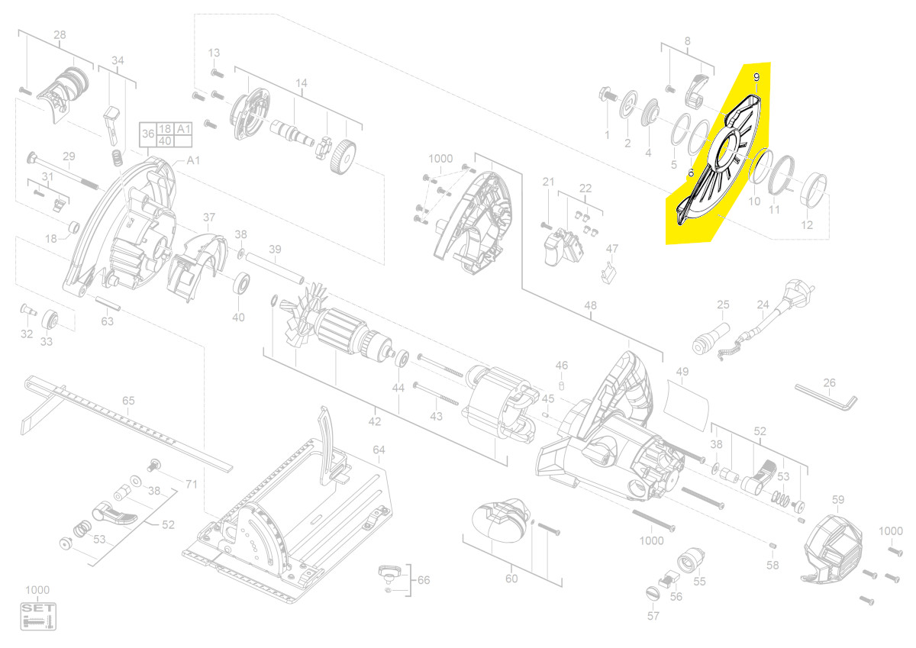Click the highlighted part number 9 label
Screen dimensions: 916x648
click(x=756, y=77)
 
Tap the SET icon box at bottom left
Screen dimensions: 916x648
click(x=38, y=616)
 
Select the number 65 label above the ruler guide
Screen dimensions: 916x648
click(x=128, y=401)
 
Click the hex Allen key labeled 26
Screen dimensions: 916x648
click(x=826, y=397)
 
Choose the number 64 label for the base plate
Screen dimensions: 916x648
click(x=379, y=450)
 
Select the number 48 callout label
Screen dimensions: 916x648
click(x=591, y=305)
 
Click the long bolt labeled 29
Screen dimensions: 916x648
click(x=63, y=171)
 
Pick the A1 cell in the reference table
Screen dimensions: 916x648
click(x=182, y=129)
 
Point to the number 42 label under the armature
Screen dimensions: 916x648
click(x=375, y=421)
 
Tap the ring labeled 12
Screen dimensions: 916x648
click(x=814, y=189)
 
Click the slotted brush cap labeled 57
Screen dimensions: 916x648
click(x=653, y=594)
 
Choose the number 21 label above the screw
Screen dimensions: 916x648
click(x=548, y=182)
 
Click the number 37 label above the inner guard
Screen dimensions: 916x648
click(x=209, y=217)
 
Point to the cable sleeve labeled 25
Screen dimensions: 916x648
click(x=711, y=338)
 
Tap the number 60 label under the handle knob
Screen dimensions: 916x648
click(x=511, y=579)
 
